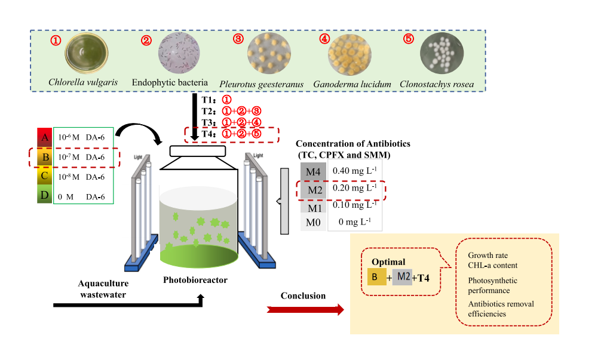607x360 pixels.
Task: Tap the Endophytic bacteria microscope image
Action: [177, 53]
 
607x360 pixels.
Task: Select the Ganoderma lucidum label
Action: [352, 84]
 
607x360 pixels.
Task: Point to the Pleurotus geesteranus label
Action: [262, 84]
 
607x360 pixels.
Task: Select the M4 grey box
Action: [314, 172]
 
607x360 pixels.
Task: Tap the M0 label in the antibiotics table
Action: [314, 223]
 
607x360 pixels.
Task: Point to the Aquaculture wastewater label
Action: [103, 288]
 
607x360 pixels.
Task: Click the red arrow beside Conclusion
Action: [305, 309]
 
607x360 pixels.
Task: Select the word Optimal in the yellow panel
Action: [388, 262]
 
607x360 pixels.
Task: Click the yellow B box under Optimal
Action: [376, 278]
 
